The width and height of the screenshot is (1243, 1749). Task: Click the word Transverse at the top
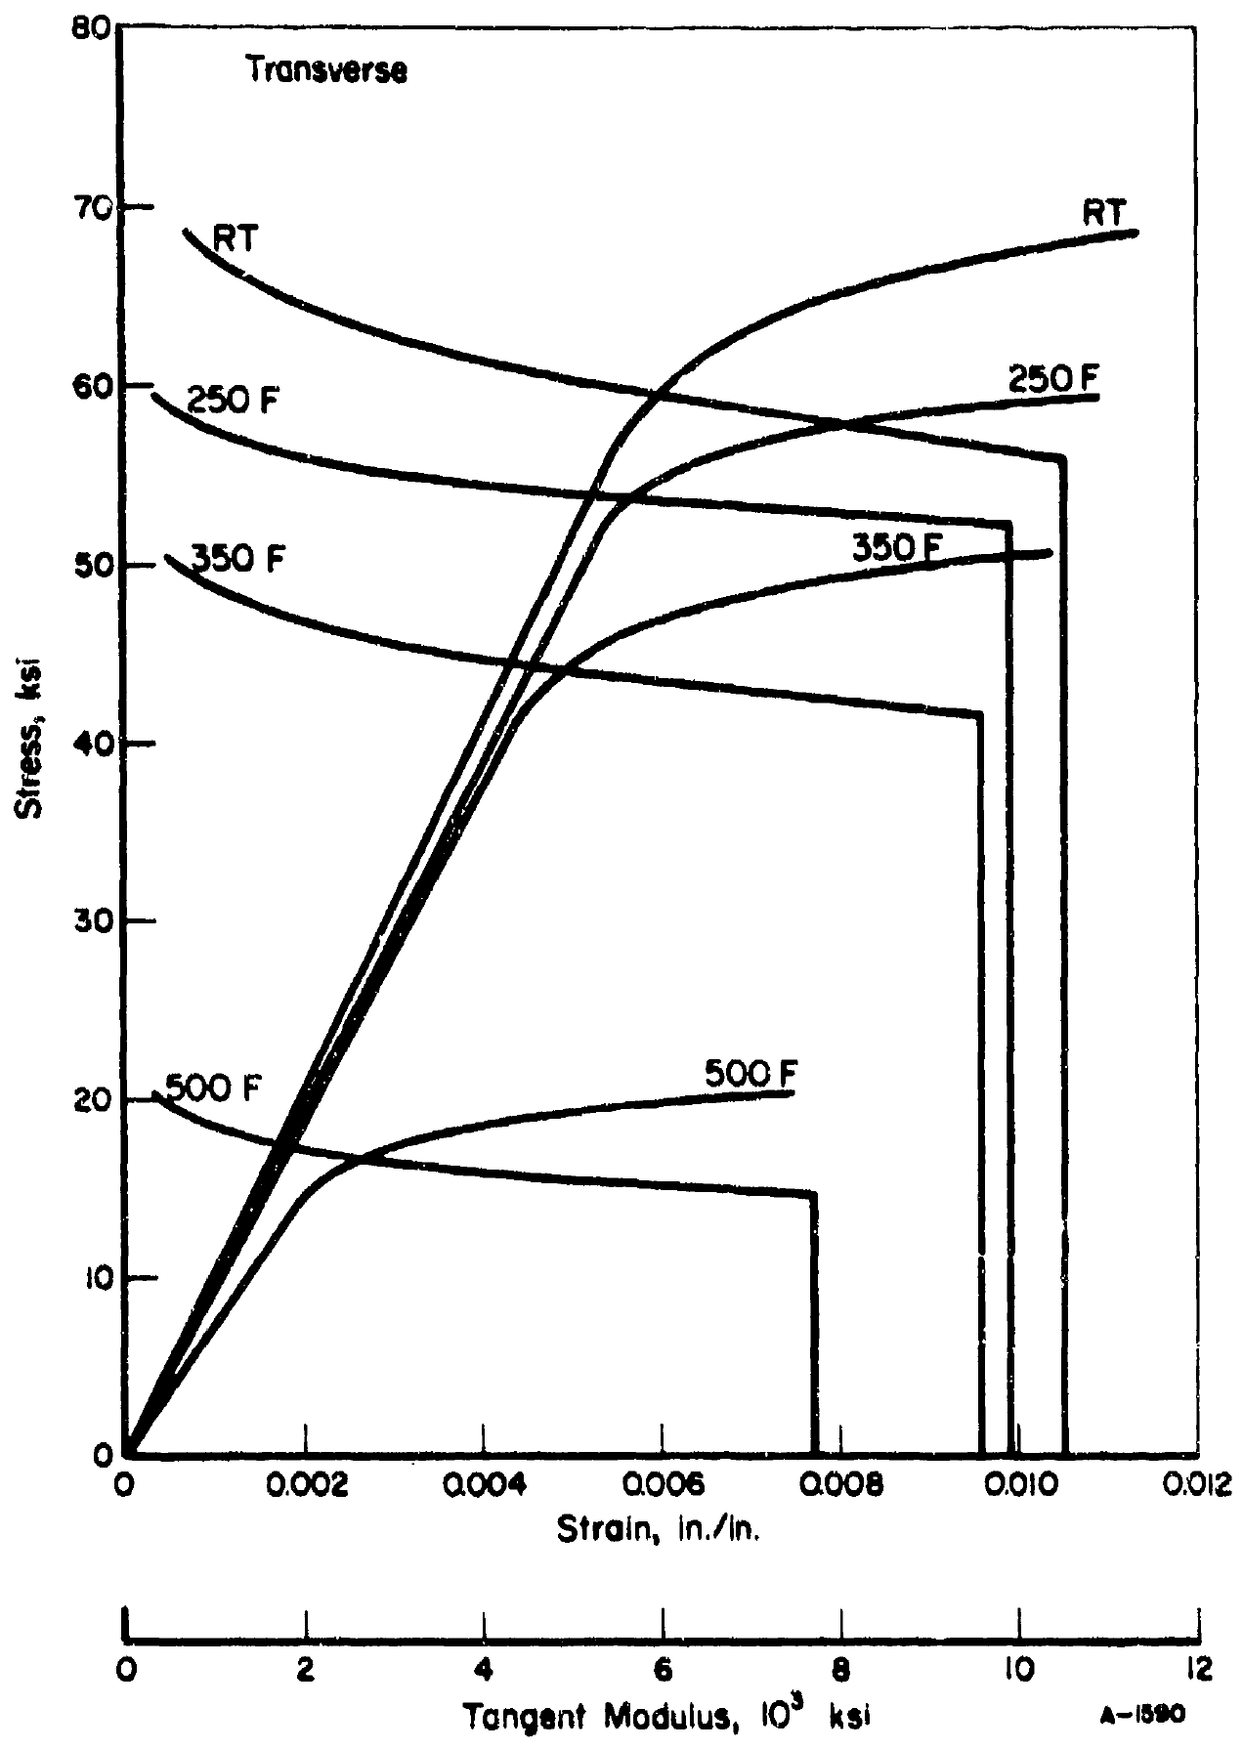coord(326,70)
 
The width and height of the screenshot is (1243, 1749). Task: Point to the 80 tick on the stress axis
coord(94,29)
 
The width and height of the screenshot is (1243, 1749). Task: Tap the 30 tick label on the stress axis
coord(94,921)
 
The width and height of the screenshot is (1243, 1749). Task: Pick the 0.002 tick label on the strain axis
coord(306,1486)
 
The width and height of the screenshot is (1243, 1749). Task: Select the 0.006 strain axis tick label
coord(664,1486)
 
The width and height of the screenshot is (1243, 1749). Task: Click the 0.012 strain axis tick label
coord(1201,1486)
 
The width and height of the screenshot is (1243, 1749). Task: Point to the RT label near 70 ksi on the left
coord(235,238)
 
